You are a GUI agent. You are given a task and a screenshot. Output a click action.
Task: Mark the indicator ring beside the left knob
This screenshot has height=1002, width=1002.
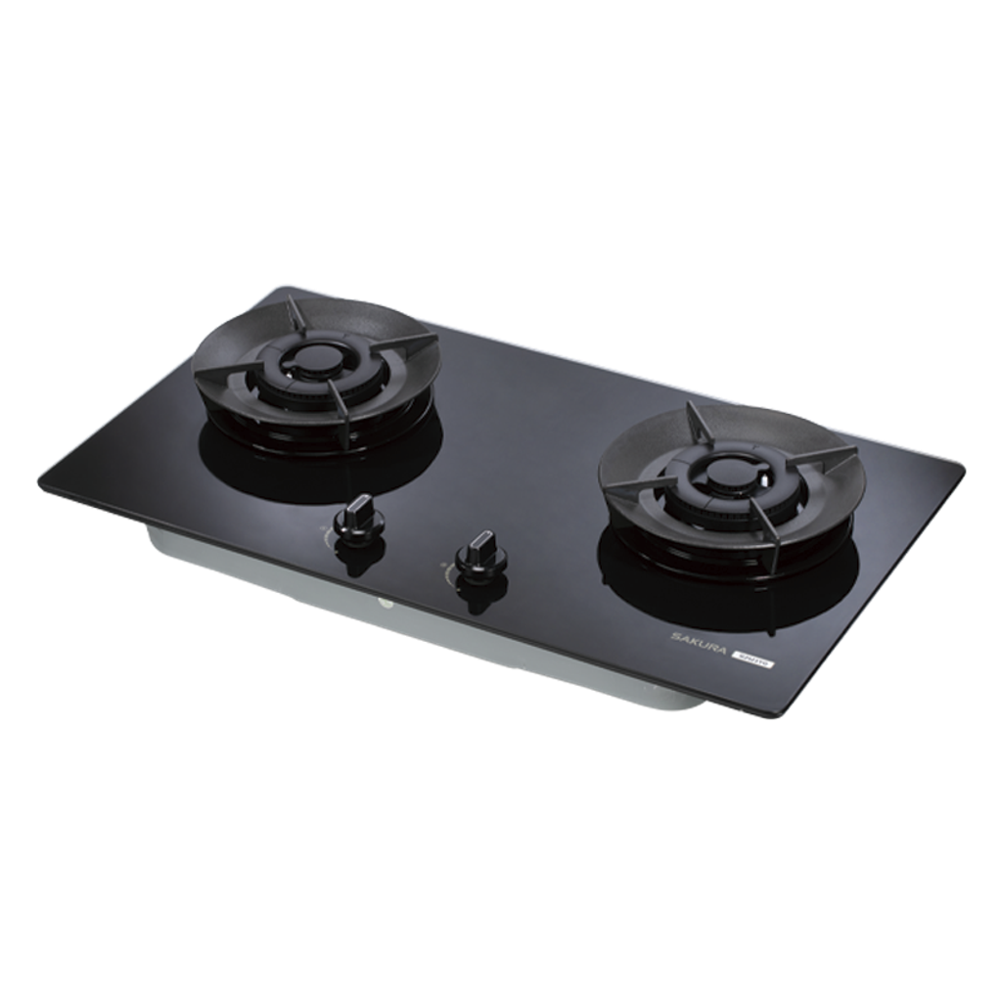click(x=329, y=532)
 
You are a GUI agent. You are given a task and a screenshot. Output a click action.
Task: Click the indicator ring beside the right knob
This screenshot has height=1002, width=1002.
click(x=452, y=565)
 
